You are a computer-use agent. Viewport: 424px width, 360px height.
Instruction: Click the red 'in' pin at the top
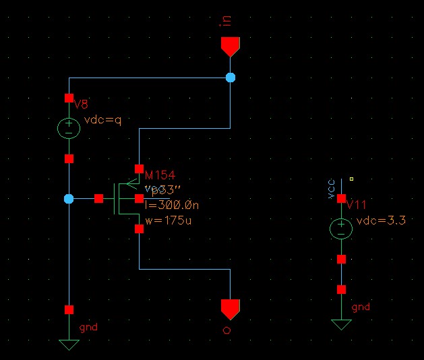230,46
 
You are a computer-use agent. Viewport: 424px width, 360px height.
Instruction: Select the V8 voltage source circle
69,128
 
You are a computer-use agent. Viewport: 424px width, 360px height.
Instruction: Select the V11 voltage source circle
341,229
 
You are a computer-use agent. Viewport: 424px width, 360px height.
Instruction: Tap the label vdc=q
102,121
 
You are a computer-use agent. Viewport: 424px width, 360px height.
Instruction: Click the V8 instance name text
81,104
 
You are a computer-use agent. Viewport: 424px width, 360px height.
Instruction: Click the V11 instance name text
355,205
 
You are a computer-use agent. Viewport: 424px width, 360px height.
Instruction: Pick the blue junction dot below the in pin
231,78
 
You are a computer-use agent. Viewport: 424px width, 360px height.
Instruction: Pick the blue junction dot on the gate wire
69,199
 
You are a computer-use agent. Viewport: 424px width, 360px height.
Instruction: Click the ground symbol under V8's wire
69,344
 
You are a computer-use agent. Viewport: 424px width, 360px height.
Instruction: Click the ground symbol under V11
341,324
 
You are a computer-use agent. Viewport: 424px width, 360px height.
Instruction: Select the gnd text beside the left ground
88,327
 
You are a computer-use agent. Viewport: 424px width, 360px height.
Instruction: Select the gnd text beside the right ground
361,307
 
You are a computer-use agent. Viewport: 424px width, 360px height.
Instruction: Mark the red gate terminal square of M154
98,199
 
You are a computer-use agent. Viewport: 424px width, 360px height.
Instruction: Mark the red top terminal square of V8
69,98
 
